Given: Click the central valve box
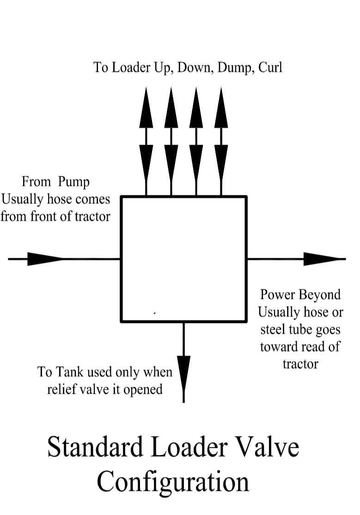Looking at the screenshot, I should pos(183,258).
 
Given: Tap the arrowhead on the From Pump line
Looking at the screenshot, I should pos(45,259).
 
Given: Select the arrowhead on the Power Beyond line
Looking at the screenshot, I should pos(321,259).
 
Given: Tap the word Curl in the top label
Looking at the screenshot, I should pos(270,67).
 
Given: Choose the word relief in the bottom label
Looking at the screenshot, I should pos(62,389).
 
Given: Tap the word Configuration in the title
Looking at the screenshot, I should pos(173,481).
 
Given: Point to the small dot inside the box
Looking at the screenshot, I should pos(154,313).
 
